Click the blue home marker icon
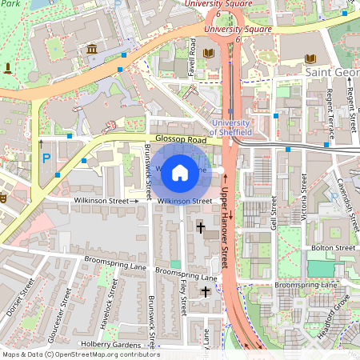180,171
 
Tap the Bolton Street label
334,248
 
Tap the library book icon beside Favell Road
209,54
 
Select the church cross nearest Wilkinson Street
201,227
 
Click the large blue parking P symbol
46,160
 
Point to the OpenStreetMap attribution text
81,354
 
